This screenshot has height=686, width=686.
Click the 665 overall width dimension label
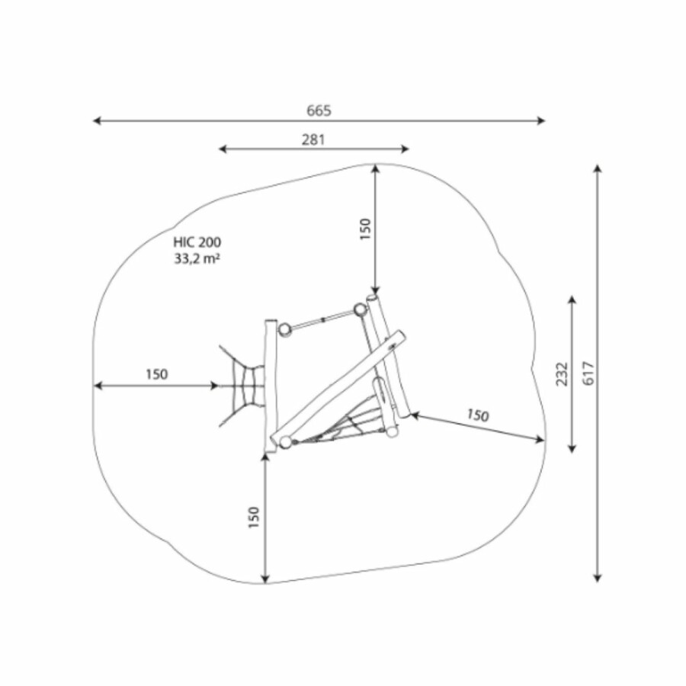319,111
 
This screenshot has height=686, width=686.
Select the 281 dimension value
314,139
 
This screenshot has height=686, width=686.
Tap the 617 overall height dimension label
589,373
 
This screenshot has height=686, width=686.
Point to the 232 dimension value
563,374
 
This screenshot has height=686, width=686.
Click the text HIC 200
197,242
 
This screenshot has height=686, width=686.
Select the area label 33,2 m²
197,258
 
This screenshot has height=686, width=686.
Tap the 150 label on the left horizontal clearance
156,374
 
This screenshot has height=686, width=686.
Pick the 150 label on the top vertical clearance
365,229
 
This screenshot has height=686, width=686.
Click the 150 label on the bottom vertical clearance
254,518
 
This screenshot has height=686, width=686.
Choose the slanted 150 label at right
477,415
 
